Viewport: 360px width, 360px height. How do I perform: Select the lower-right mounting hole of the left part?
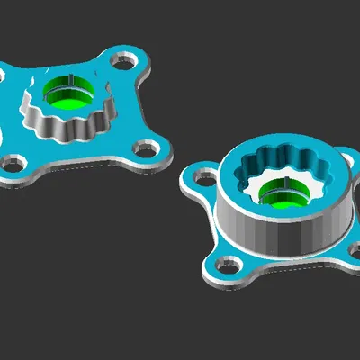click(x=144, y=148)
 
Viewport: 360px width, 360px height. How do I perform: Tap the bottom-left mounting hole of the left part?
click(x=12, y=165)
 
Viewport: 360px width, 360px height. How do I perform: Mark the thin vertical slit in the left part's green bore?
click(x=69, y=85)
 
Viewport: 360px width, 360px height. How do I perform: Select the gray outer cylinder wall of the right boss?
click(x=270, y=236)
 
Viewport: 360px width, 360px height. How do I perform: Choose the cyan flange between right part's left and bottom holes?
click(x=211, y=225)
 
